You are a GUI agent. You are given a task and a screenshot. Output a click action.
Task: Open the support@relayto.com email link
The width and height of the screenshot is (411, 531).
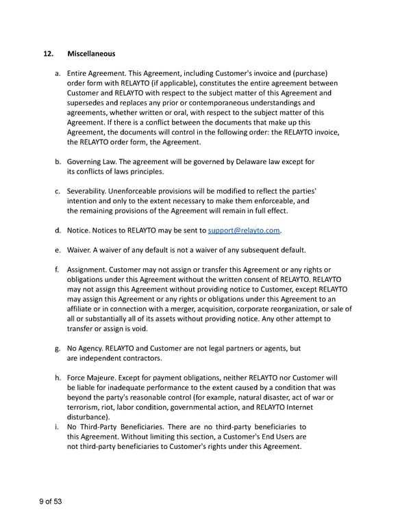point(245,229)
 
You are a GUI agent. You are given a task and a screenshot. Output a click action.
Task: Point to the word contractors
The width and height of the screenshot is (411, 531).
point(142,358)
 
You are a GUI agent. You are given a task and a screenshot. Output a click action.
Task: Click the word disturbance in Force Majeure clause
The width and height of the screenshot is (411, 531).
point(90,416)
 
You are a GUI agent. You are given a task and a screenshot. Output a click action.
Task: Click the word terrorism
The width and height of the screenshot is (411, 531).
point(85,406)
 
